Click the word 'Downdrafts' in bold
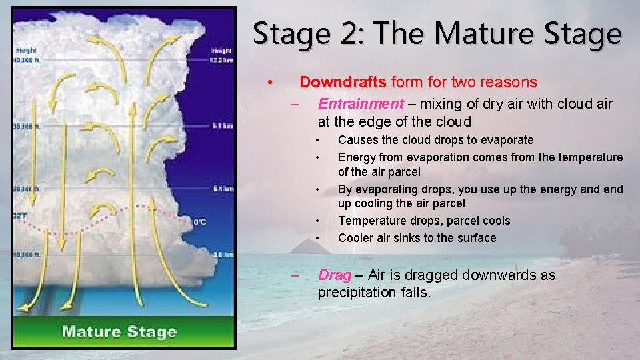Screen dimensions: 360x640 pyautogui.click(x=343, y=82)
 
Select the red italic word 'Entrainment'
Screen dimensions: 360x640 pyautogui.click(x=361, y=103)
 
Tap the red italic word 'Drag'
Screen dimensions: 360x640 pyautogui.click(x=335, y=275)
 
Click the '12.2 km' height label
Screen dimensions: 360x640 pyautogui.click(x=221, y=61)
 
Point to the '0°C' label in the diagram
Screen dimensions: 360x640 pyautogui.click(x=199, y=222)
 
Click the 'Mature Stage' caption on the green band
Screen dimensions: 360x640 pyautogui.click(x=119, y=331)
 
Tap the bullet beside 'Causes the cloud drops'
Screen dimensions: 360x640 pyautogui.click(x=318, y=139)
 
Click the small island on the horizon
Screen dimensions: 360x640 pyautogui.click(x=311, y=247)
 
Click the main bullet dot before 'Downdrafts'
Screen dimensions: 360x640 pyautogui.click(x=269, y=82)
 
